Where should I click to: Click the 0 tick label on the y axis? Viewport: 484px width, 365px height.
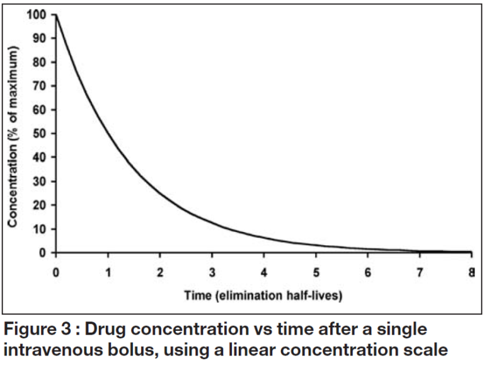click(44, 253)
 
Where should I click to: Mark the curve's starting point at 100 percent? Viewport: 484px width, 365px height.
click(57, 14)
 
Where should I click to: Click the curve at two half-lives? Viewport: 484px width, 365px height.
click(160, 193)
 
